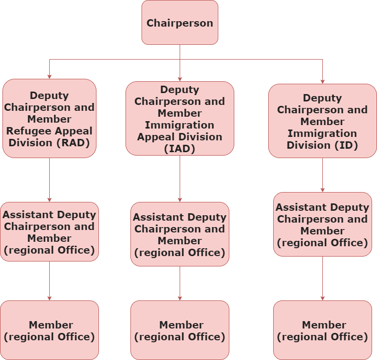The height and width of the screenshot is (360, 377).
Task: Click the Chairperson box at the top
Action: (x=180, y=23)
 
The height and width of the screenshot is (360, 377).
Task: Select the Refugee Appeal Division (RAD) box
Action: (x=49, y=118)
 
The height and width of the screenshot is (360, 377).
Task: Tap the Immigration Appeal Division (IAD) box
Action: (x=180, y=118)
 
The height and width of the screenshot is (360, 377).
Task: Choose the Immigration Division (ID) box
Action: (x=322, y=121)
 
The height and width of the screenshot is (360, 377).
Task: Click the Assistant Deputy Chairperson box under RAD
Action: (x=49, y=231)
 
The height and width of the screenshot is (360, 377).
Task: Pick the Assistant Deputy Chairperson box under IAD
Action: (x=180, y=234)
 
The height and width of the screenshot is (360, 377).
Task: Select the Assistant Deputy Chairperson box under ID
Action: (x=322, y=224)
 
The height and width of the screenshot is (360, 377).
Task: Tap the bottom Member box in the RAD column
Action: (x=49, y=330)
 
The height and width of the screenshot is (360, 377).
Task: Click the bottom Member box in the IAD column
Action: (x=180, y=330)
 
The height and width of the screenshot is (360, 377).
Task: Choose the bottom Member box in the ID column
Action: (x=322, y=330)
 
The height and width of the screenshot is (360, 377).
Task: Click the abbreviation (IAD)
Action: (x=180, y=149)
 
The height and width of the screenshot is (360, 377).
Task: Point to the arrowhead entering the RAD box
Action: (x=49, y=76)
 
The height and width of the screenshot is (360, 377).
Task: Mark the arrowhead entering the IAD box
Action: (x=180, y=79)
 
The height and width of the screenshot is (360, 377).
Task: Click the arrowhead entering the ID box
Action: (x=322, y=81)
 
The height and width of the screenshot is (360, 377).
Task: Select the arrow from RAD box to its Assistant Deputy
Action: (x=49, y=180)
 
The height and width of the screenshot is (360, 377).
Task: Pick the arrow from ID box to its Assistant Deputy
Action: (x=322, y=175)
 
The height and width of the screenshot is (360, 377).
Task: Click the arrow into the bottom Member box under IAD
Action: (x=180, y=283)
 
